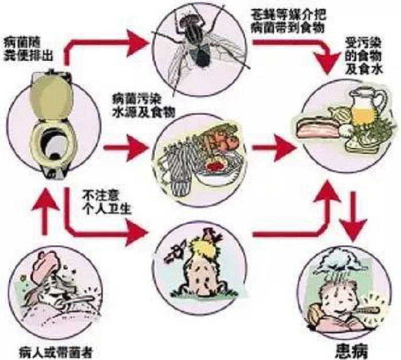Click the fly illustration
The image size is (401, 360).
(x=199, y=44)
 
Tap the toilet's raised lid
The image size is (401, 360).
(x=51, y=97)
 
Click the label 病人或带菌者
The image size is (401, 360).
(x=56, y=353)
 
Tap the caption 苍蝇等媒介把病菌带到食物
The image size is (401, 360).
(x=288, y=21)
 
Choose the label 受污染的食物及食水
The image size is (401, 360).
(x=363, y=56)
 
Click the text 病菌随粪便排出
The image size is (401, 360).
(x=28, y=50)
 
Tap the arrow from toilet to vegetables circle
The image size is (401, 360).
(x=126, y=148)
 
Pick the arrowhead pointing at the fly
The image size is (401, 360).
(x=137, y=43)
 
